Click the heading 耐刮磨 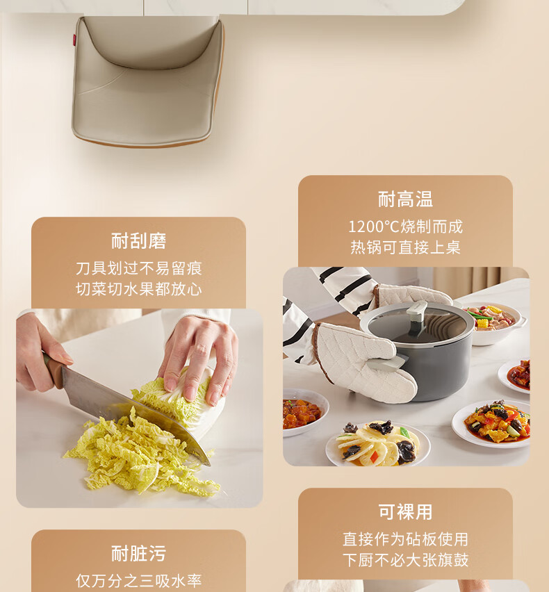click(138, 241)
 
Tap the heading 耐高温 click(405, 199)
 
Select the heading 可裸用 click(405, 512)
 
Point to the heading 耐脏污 click(138, 554)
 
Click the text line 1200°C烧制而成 click(405, 227)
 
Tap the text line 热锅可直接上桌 click(405, 247)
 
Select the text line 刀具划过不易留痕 click(138, 268)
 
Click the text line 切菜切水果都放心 click(138, 289)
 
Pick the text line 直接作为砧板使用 click(405, 539)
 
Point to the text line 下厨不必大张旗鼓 click(405, 560)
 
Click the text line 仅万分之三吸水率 click(138, 581)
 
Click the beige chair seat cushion click(148, 81)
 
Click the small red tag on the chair click(75, 38)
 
